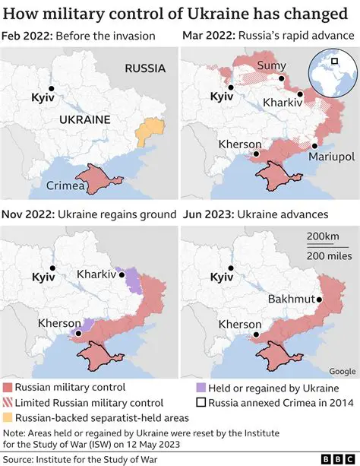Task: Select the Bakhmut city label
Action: pyautogui.click(x=291, y=299)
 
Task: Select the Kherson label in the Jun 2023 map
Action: pyautogui.click(x=240, y=325)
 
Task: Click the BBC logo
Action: pyautogui.click(x=333, y=458)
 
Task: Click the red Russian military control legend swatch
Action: pyautogui.click(x=8, y=387)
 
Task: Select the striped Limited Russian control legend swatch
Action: pyautogui.click(x=8, y=402)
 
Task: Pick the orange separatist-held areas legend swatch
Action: pyautogui.click(x=8, y=417)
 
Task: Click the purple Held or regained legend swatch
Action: pyautogui.click(x=201, y=387)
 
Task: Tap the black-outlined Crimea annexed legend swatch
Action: pyautogui.click(x=201, y=402)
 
